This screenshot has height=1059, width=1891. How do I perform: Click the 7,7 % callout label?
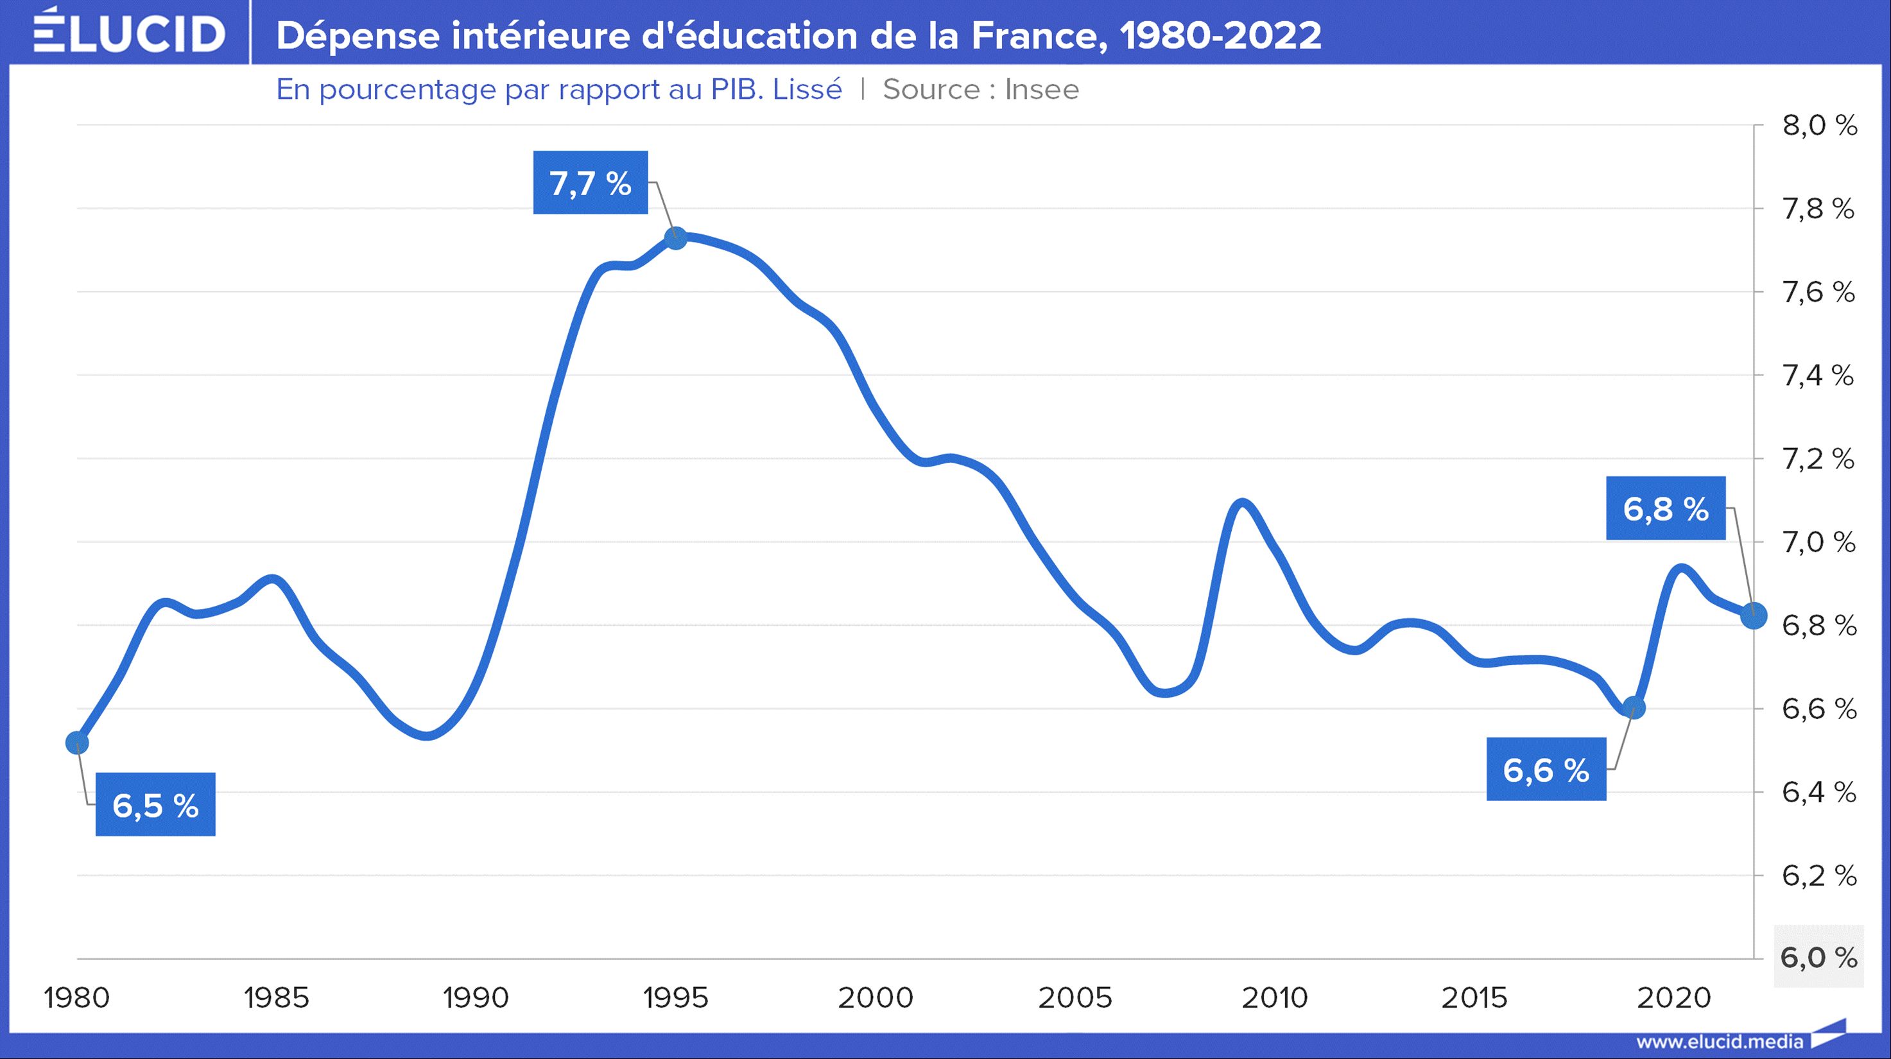click(x=590, y=183)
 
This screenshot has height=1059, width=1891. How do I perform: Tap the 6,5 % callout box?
click(x=155, y=805)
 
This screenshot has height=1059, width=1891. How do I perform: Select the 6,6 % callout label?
click(x=1546, y=770)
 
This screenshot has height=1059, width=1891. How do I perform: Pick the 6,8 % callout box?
click(x=1666, y=508)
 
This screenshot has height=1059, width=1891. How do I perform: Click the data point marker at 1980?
click(x=77, y=743)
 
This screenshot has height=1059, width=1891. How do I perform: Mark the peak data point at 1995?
click(x=675, y=237)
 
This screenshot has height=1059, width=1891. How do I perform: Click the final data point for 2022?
click(x=1754, y=616)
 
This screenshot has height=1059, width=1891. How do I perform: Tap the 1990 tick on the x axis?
click(x=476, y=997)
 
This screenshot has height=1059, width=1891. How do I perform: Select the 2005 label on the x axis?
click(x=1075, y=997)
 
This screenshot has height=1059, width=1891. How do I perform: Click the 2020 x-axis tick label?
click(x=1673, y=997)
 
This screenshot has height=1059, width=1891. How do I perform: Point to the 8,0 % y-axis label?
click(x=1819, y=126)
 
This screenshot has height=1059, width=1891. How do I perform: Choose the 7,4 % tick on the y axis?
click(x=1819, y=375)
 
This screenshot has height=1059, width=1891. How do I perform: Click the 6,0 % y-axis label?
click(x=1819, y=958)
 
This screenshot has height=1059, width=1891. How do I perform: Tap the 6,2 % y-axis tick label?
click(x=1819, y=875)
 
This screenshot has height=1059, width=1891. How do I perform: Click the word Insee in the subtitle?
click(x=1042, y=90)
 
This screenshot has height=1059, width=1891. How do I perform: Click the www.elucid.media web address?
click(x=1719, y=1042)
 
